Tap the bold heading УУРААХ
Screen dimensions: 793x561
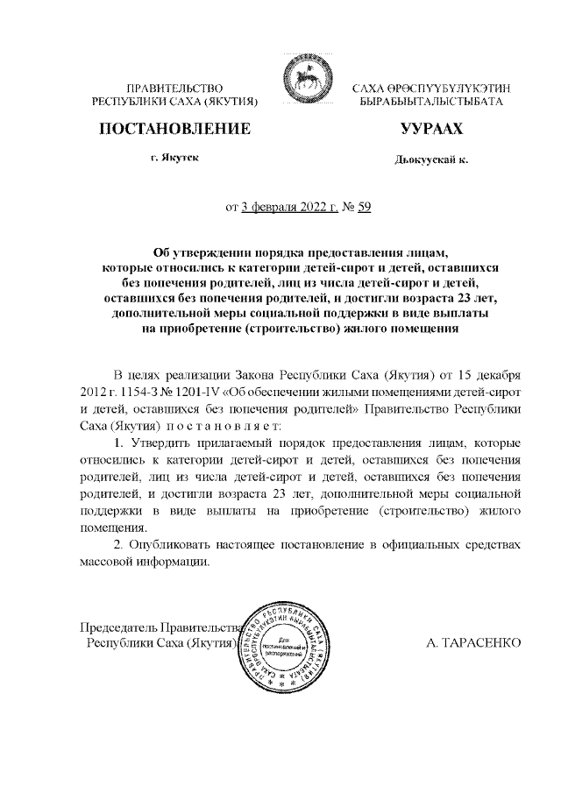(430, 129)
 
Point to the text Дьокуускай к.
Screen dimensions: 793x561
(431, 160)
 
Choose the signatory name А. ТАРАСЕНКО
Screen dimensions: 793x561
(473, 643)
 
